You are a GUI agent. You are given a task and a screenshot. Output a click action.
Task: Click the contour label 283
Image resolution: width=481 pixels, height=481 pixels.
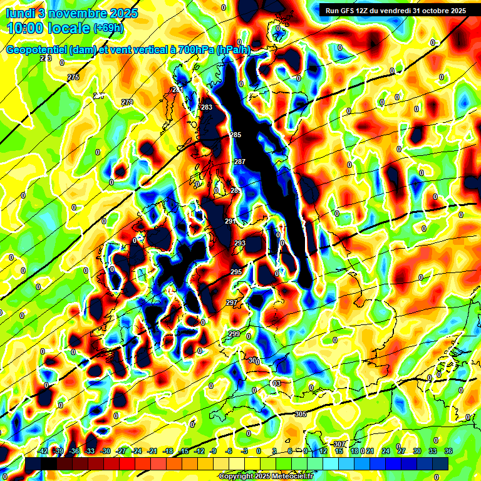(207, 107)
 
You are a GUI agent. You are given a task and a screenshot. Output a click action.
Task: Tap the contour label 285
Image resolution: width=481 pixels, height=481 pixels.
(235, 135)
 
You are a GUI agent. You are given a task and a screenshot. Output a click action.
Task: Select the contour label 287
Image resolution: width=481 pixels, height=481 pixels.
(239, 162)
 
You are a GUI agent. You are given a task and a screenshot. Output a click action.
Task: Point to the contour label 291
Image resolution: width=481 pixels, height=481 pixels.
(230, 221)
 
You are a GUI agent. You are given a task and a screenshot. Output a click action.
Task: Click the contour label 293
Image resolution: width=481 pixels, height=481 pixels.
(240, 243)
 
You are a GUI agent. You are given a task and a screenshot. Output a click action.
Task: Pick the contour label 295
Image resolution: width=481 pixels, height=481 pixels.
(235, 272)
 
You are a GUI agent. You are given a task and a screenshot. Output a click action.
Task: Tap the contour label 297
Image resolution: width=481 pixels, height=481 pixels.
(231, 303)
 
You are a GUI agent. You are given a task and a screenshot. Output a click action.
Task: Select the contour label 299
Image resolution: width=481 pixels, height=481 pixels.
(234, 334)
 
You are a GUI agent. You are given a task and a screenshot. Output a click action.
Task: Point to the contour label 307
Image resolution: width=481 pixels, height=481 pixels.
(339, 444)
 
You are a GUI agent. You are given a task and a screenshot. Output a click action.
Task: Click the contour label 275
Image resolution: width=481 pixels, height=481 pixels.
(73, 77)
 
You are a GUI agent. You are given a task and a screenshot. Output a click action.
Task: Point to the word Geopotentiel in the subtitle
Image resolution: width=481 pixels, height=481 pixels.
(37, 50)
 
